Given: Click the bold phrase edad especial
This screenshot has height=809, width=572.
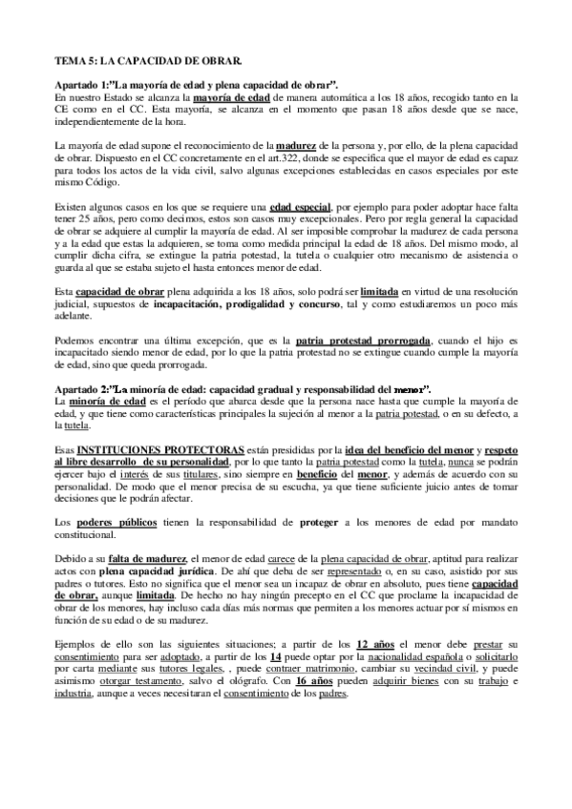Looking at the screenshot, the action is pyautogui.click(x=299, y=207).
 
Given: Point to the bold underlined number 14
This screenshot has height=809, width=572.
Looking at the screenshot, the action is pyautogui.click(x=277, y=659).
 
